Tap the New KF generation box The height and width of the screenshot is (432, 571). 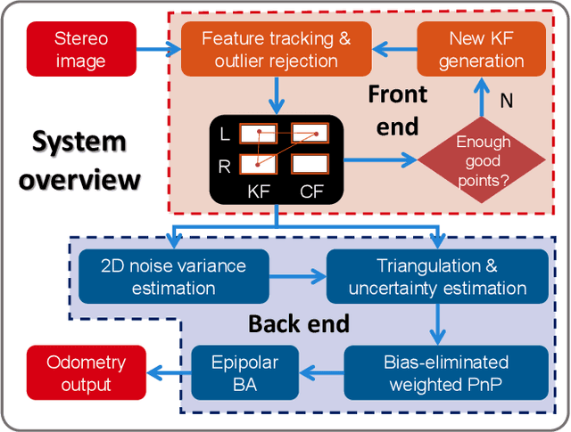[481, 50]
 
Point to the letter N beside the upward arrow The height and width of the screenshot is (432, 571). [506, 101]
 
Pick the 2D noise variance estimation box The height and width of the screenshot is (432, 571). [174, 276]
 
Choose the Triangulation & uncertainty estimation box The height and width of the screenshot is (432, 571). [437, 276]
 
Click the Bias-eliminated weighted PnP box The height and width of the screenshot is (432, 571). [446, 373]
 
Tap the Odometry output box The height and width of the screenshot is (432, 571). [87, 373]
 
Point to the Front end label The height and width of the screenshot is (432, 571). [397, 110]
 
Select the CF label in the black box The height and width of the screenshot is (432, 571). [311, 190]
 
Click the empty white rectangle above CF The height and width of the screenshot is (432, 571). [310, 164]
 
